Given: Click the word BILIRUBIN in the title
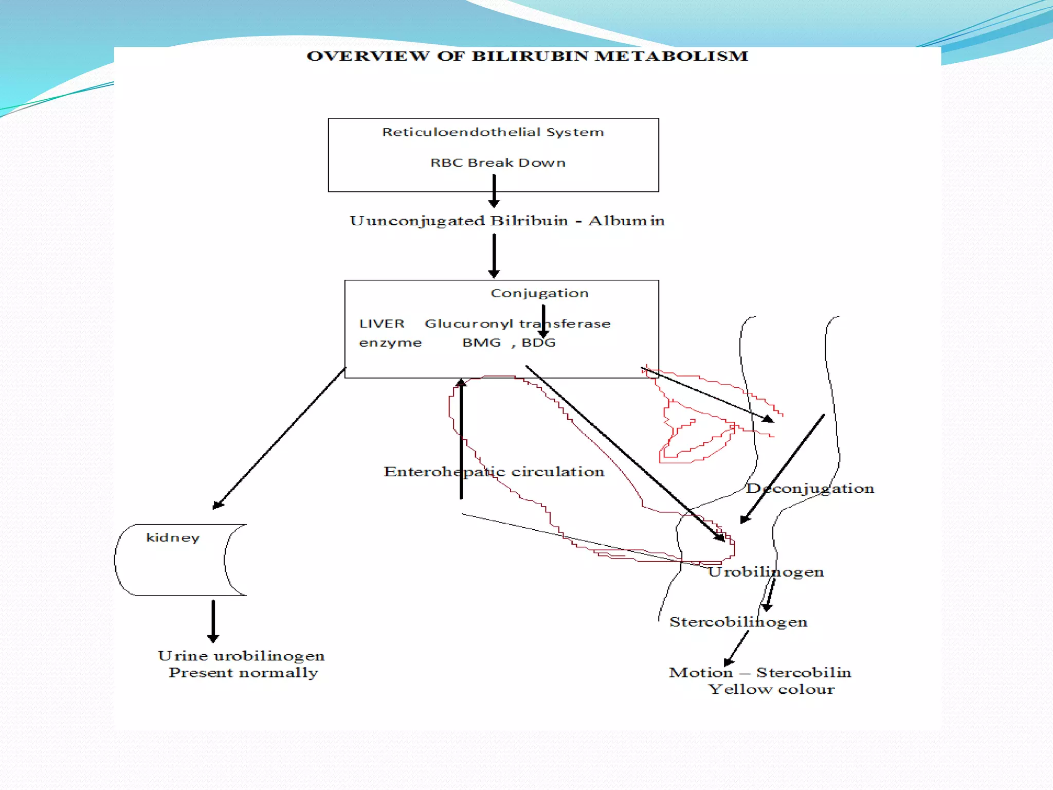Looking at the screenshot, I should pos(530,56).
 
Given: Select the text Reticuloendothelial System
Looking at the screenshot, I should pos(493,132).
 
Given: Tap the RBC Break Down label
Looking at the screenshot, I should pos(498,163).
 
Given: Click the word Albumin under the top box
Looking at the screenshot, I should pos(626,221).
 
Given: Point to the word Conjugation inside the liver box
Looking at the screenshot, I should pos(539,293).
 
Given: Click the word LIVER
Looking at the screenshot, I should pos(382,324).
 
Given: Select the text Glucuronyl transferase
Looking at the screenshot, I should pos(517,324).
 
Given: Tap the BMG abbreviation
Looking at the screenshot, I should pos(481,343).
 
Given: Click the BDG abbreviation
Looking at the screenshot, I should pos(538,343).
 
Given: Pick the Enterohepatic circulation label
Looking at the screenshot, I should pos(494,472).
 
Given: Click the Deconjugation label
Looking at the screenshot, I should pos(810,488).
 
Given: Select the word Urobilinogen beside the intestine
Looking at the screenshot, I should pos(766,571).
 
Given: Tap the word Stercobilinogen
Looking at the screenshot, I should pos(738,622).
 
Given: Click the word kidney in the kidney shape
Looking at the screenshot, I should pos(173,537).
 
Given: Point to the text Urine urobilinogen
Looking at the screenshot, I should pos(241,656).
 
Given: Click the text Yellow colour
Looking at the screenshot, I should pos(771,689).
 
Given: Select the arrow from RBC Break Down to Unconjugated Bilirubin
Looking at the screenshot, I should pos(494,191).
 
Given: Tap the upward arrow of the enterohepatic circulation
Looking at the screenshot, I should pos(461,437).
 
